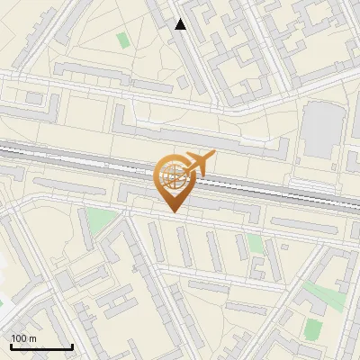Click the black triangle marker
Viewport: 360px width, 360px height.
tap(181, 25)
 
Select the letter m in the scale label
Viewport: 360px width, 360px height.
tap(32, 338)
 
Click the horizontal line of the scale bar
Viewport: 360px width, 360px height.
tap(41, 346)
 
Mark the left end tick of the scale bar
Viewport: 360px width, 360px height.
tap(11, 346)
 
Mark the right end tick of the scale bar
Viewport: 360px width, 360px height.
tap(72, 346)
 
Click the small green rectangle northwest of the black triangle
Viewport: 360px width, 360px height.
tap(122, 40)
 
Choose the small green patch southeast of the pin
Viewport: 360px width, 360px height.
tap(256, 243)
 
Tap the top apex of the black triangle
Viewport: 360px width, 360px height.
tap(181, 20)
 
